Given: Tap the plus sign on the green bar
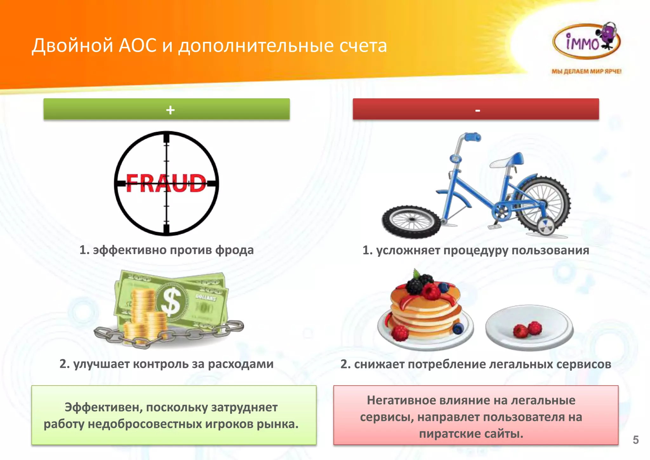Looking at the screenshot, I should point(170,110).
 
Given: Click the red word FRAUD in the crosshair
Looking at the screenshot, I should point(166,183).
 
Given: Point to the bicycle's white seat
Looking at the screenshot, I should point(505,161).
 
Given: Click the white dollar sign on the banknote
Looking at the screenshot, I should point(171,301).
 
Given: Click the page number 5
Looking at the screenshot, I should point(635,440).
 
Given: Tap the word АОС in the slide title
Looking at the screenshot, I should point(137,45).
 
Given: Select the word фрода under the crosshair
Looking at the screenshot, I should point(235,250).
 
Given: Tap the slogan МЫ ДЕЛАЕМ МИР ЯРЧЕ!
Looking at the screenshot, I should point(586,71).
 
